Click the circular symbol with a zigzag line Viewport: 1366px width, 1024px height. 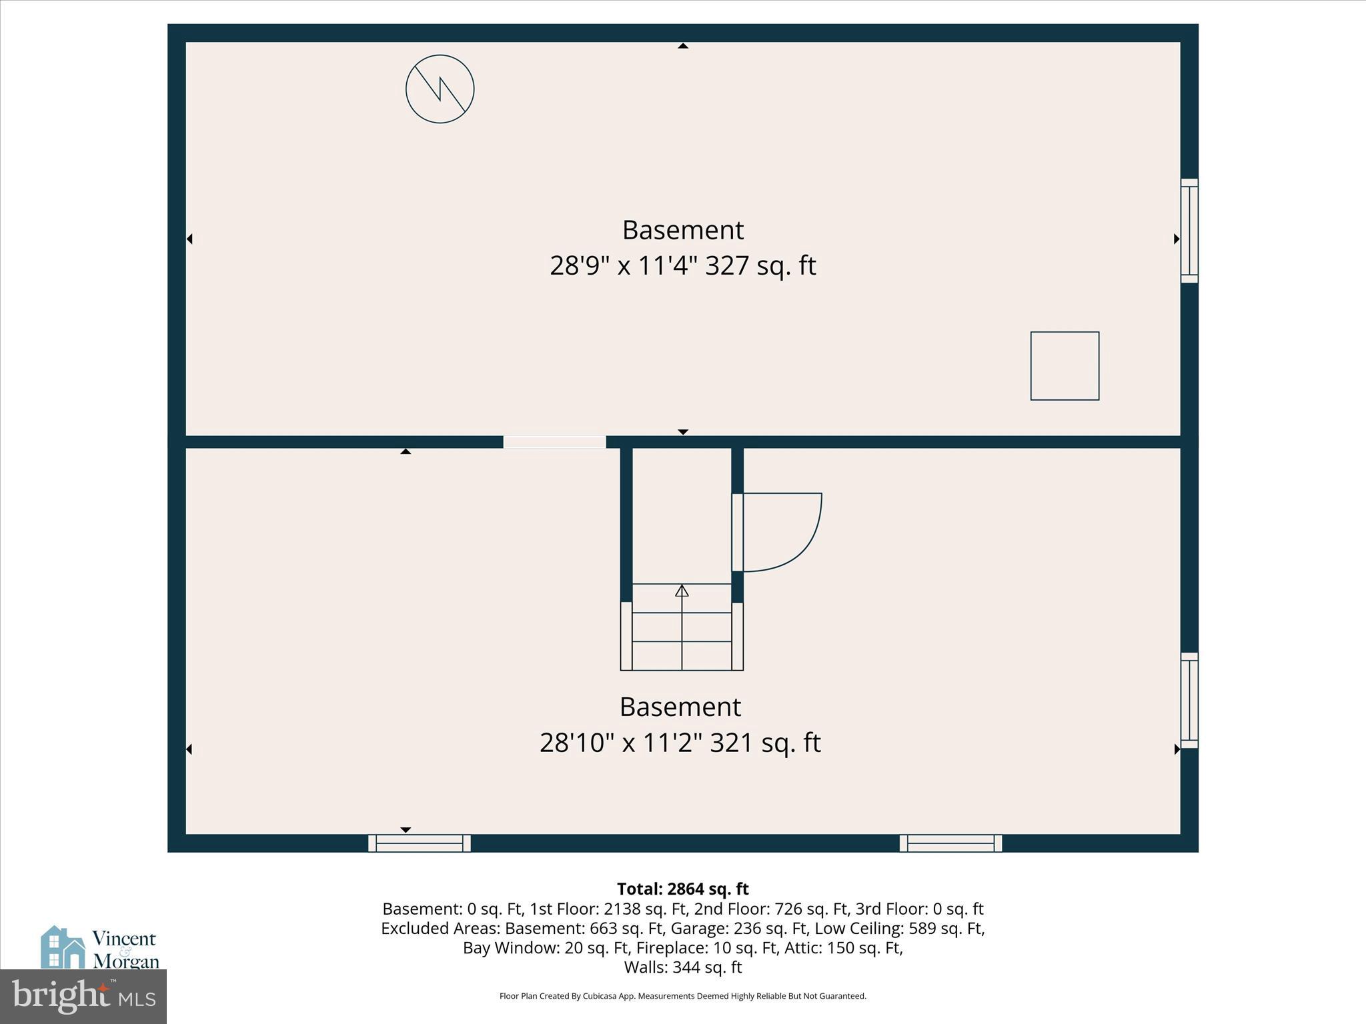click(440, 89)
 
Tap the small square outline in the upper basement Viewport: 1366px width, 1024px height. click(1065, 366)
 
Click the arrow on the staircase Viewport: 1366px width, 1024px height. click(682, 591)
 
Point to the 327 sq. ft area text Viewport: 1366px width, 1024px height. click(760, 265)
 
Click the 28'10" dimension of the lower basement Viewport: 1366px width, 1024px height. click(577, 742)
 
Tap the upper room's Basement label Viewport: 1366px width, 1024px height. click(683, 230)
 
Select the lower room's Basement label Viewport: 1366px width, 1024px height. click(680, 707)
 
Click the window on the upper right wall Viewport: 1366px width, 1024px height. click(1189, 231)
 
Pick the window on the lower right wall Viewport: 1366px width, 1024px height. click(1189, 700)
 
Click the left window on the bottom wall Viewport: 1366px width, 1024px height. click(420, 843)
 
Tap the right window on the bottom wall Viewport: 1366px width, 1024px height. click(950, 843)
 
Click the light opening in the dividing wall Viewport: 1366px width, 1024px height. click(554, 442)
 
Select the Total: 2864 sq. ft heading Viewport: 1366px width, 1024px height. click(683, 889)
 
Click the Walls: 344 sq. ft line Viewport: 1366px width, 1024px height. click(683, 967)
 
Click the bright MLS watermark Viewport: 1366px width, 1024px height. click(83, 996)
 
